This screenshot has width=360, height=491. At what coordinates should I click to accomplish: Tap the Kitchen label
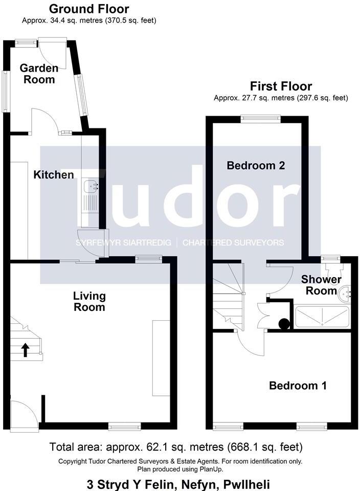54,175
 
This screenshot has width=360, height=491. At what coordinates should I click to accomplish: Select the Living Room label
89,301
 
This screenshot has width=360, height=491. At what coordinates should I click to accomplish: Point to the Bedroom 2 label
256,166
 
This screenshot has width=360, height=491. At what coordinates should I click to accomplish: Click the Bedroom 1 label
298,386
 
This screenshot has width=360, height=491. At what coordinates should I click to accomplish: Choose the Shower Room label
321,285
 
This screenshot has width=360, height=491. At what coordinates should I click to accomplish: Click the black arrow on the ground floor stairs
25,350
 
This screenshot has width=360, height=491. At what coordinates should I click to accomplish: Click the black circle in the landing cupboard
283,323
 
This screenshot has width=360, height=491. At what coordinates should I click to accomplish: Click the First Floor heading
280,86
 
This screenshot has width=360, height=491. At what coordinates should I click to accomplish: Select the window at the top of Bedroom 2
261,118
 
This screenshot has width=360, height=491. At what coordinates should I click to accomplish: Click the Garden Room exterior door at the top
53,51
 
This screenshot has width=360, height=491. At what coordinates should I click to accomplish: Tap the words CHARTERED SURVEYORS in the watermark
233,242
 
